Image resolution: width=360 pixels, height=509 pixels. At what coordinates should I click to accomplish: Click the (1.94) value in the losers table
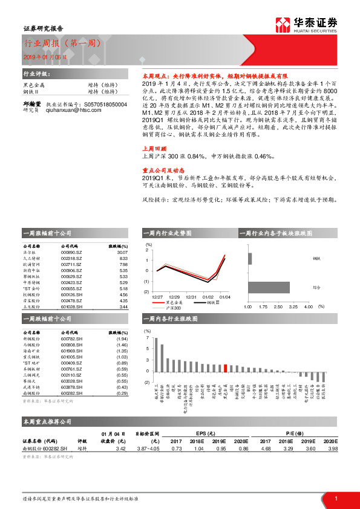pyautogui.click(x=122, y=339)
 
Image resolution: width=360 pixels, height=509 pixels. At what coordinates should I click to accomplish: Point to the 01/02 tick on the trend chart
pyautogui.click(x=208, y=296)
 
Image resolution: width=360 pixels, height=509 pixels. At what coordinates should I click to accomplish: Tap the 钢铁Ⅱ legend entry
pyautogui.click(x=212, y=302)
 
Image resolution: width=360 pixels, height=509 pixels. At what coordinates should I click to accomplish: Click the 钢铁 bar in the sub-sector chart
pyautogui.click(x=249, y=258)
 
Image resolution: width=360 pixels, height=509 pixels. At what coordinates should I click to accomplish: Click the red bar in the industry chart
pyautogui.click(x=226, y=368)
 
